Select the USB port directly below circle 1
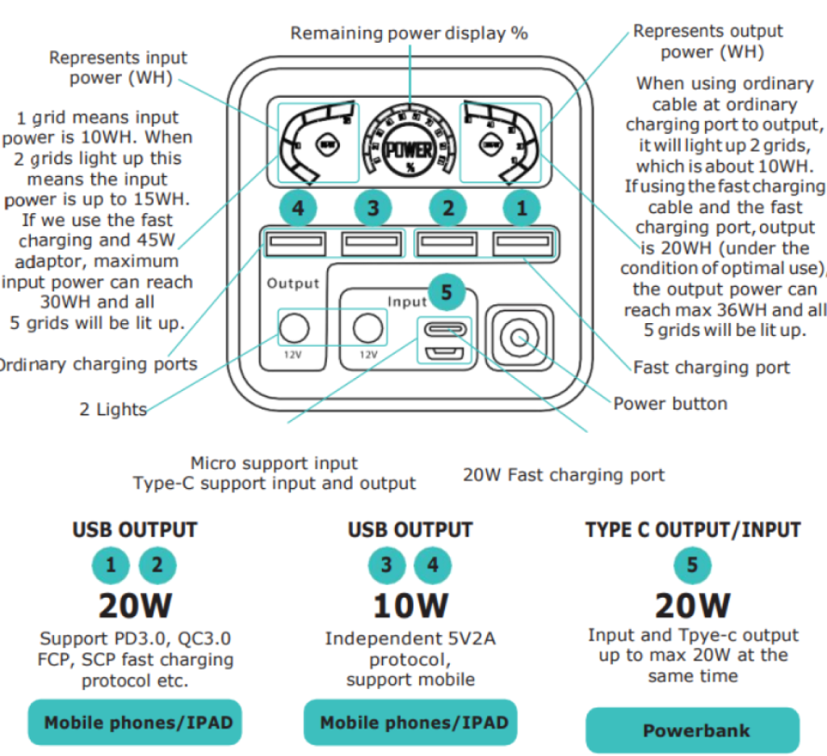point(523,242)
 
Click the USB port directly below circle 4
point(294,242)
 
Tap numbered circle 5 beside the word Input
point(447,292)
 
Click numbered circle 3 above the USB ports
point(372,208)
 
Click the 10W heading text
point(409,605)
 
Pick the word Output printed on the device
point(293,283)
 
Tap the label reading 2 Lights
point(112,409)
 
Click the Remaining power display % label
point(409,33)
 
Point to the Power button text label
point(670,403)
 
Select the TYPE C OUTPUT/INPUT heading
point(693,530)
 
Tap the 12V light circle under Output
point(294,329)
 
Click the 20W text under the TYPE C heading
point(692,605)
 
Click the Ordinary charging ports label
point(97,364)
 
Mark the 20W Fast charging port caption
point(564,475)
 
